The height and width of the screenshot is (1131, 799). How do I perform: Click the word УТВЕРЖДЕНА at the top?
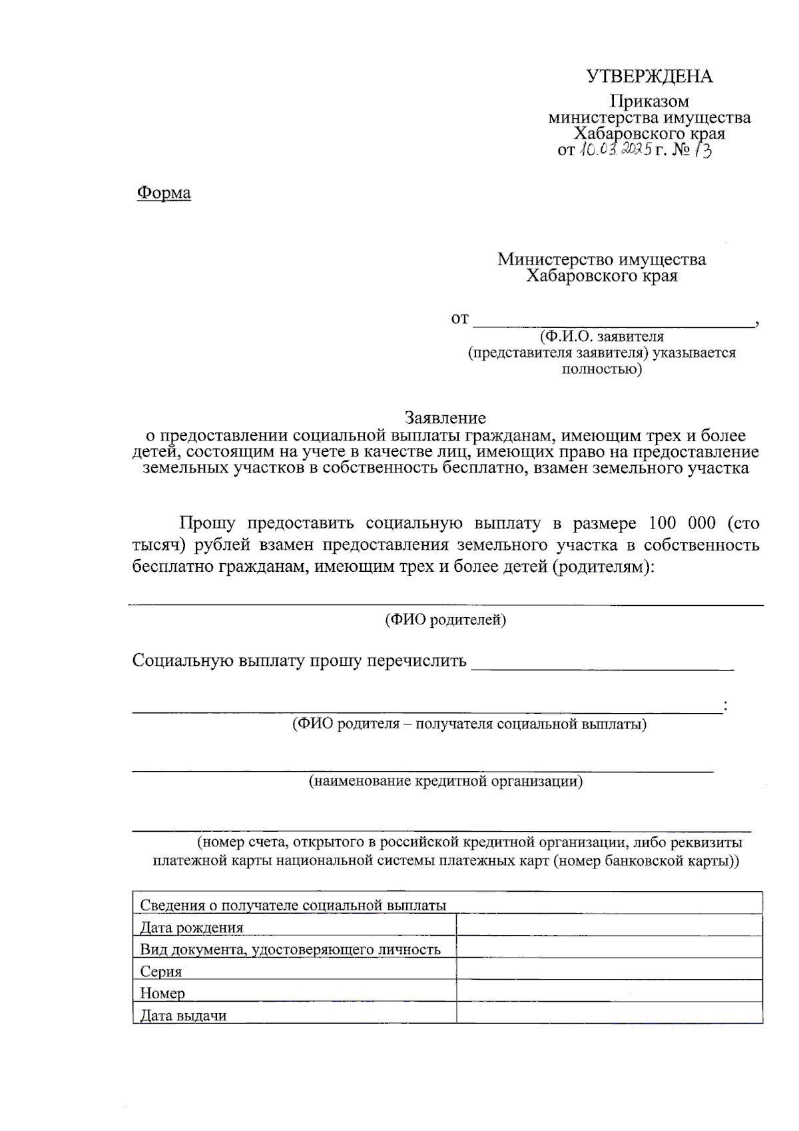tap(649, 77)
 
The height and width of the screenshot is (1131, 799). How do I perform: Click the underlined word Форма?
tap(164, 193)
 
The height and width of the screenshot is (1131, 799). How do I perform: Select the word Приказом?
tap(650, 101)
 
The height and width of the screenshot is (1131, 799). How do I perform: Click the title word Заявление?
tap(445, 418)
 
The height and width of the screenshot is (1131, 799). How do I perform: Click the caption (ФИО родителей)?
tap(445, 620)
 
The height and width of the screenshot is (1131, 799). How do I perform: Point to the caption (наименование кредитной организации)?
tap(445, 781)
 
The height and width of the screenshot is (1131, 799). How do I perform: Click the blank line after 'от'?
tap(613, 321)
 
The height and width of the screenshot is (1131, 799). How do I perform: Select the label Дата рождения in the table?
tap(192, 927)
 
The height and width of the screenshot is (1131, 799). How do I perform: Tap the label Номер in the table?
tap(162, 993)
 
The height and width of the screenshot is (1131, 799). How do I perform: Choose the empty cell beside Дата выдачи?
tap(609, 1014)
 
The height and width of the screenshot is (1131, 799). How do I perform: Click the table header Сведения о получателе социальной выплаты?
tap(293, 905)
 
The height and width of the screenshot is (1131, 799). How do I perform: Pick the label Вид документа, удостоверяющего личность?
tap(290, 949)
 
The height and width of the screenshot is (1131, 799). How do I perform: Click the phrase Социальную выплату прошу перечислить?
tap(300, 660)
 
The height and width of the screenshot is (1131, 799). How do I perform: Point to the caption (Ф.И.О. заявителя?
tap(602, 337)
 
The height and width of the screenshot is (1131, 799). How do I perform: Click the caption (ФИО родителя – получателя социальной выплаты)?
tap(469, 724)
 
